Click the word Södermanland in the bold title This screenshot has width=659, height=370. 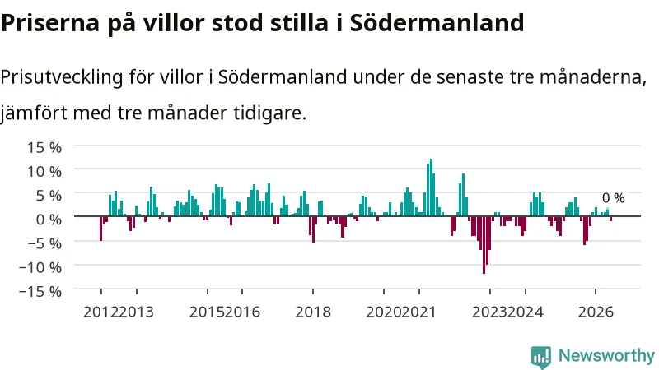click(x=437, y=23)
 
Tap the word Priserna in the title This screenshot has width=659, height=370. click(x=50, y=23)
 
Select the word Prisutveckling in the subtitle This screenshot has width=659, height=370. click(x=62, y=78)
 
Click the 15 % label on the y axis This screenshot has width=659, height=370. click(x=44, y=147)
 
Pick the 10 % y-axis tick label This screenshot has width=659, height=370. click(x=44, y=171)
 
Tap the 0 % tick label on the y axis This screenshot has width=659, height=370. click(x=49, y=219)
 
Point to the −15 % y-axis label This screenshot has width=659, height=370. click(x=40, y=291)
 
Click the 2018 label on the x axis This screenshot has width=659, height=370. click(x=313, y=312)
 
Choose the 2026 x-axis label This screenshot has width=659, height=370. click(x=596, y=312)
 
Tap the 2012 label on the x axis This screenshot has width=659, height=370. click(x=100, y=312)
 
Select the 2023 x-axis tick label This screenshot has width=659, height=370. click(x=489, y=312)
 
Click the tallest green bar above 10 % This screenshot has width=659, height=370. click(x=431, y=187)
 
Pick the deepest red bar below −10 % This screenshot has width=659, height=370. click(x=484, y=245)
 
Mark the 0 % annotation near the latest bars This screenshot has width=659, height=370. click(x=613, y=198)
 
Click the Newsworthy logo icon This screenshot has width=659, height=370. click(x=541, y=357)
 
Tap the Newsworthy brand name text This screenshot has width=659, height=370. click(x=606, y=355)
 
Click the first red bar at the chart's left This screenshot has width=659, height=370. click(x=100, y=229)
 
